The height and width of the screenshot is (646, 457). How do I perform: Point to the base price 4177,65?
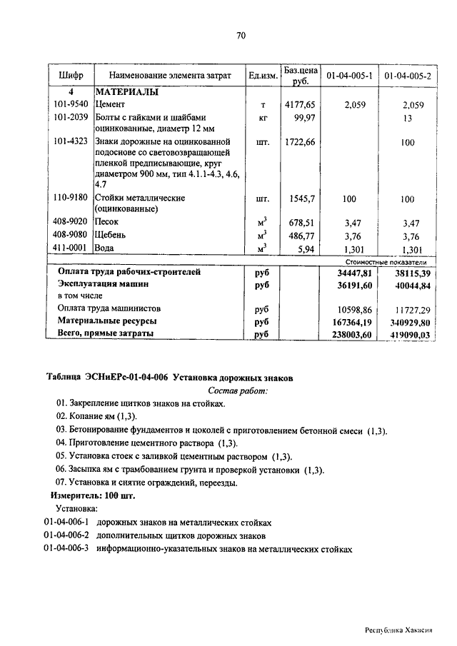tap(299, 105)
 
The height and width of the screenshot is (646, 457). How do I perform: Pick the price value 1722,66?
tap(299, 142)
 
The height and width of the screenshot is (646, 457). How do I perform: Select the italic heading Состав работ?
tap(238, 390)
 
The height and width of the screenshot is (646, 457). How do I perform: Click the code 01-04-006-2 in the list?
tap(66, 535)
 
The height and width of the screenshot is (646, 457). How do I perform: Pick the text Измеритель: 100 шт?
tap(92, 495)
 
